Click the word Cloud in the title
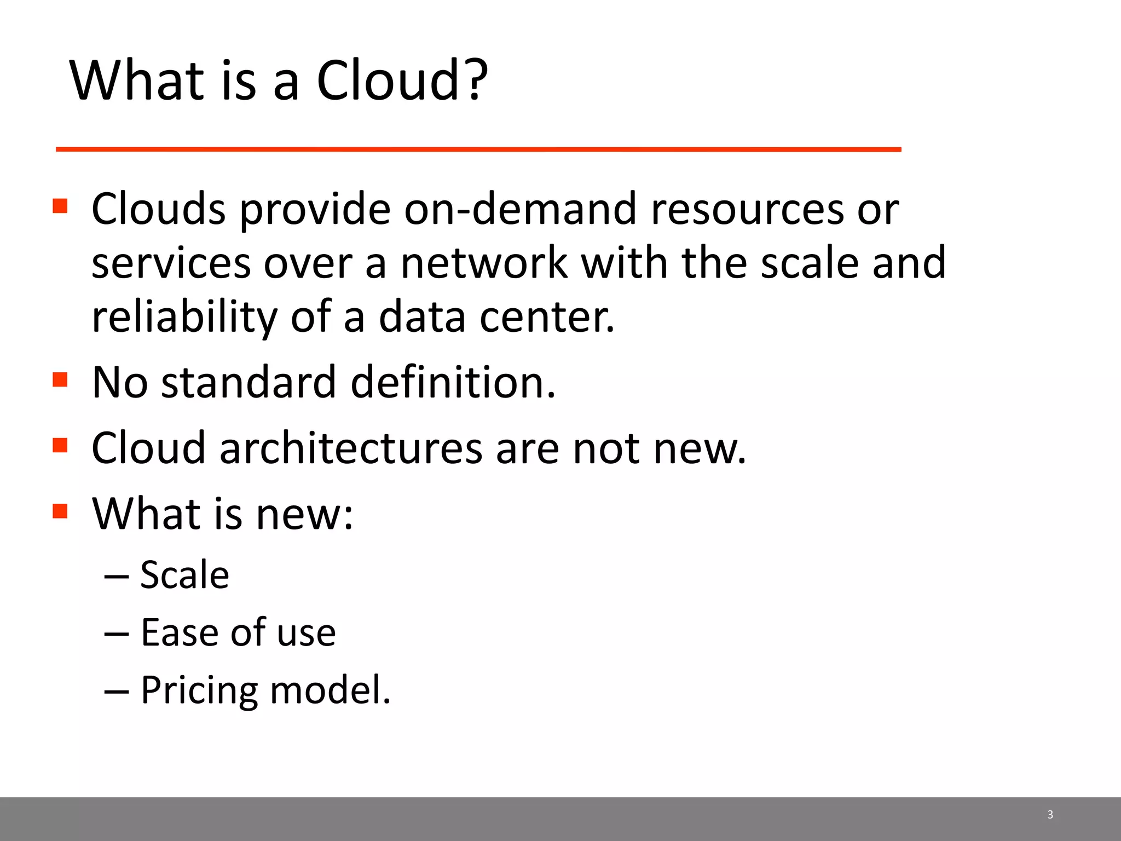[x=388, y=80]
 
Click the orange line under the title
[x=478, y=149]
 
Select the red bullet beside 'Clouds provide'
[x=60, y=206]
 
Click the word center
[x=547, y=318]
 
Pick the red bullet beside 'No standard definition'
[x=60, y=379]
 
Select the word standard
[x=249, y=382]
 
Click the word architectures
[x=351, y=448]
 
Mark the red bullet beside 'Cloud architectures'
[x=60, y=445]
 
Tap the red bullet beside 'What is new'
[x=60, y=511]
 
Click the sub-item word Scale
[x=184, y=575]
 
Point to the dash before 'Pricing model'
[x=116, y=692]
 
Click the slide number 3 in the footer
[x=1050, y=815]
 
